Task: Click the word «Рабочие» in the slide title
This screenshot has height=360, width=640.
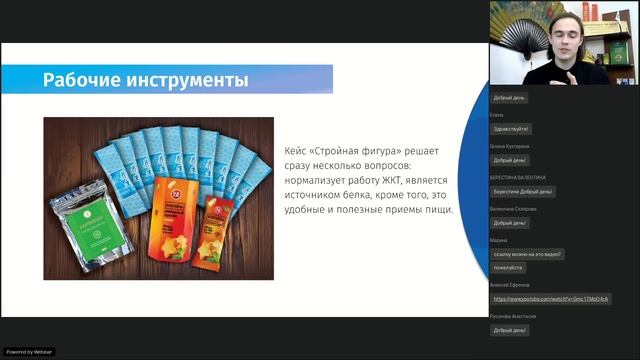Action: point(84,79)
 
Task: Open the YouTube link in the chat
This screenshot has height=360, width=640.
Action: point(551,299)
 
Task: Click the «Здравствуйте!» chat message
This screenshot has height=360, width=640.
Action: point(511,129)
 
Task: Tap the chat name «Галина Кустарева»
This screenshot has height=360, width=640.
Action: point(510,146)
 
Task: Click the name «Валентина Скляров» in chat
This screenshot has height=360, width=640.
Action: point(513,208)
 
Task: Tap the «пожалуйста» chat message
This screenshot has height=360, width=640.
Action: point(508,267)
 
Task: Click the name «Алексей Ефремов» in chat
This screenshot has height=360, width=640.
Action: point(511,285)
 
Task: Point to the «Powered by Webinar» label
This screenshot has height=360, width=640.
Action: point(30,352)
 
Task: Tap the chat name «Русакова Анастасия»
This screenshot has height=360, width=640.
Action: point(513,316)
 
